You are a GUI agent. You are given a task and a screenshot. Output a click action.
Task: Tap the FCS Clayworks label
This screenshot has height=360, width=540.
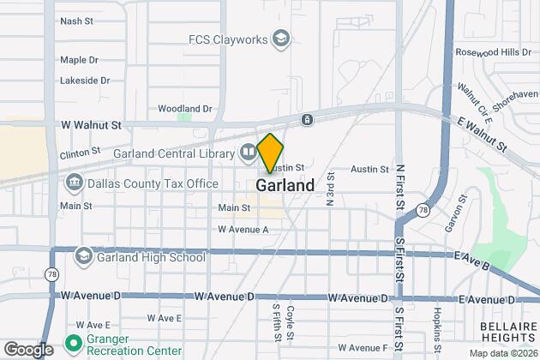point(228,39)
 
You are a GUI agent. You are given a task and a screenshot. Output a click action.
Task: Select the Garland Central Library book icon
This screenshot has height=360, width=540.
point(248,153)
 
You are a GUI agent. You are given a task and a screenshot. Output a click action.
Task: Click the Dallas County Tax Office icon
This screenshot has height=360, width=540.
point(74,183)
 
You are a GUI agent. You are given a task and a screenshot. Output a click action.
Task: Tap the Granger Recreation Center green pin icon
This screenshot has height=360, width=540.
point(73,344)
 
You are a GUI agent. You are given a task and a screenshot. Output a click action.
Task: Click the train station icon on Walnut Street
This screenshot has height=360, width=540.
point(306,119)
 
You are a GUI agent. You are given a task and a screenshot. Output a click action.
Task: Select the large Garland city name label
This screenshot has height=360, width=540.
point(285,185)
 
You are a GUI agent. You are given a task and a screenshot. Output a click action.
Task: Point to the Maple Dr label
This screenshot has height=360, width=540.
point(80,60)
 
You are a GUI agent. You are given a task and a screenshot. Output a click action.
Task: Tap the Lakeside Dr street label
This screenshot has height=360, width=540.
point(85,81)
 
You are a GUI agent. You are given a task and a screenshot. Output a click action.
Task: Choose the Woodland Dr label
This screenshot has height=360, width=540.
point(185,109)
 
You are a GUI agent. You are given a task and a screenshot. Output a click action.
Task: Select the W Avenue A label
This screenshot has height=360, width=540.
point(243,230)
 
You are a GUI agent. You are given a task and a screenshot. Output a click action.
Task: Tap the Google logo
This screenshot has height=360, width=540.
point(28,349)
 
